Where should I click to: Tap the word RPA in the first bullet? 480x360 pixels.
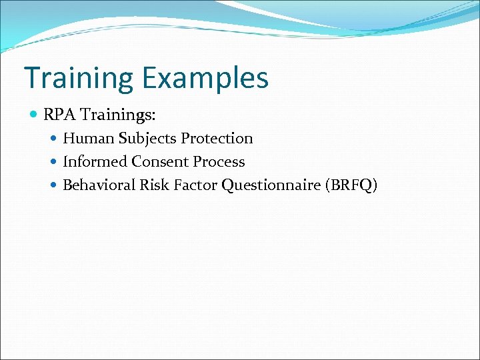(x=59, y=115)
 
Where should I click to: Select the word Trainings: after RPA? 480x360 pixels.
(x=118, y=115)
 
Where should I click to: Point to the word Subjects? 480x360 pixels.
(x=147, y=139)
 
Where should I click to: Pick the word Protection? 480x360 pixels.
(x=217, y=139)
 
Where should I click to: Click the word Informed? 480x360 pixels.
(x=95, y=162)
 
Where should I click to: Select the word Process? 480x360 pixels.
(x=219, y=162)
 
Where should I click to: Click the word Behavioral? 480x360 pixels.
(x=99, y=185)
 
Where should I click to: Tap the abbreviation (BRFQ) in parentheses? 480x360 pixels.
(x=351, y=185)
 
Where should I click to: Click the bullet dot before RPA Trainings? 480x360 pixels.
(x=35, y=115)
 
